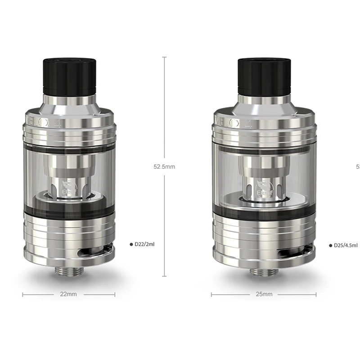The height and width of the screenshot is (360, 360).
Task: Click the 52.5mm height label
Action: point(164,166)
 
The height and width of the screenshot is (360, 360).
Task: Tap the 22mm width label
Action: point(68,294)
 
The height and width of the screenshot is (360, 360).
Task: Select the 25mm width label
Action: point(264,294)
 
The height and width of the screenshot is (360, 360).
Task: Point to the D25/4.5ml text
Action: point(346,245)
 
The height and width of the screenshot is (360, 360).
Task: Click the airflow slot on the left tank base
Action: point(104,251)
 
